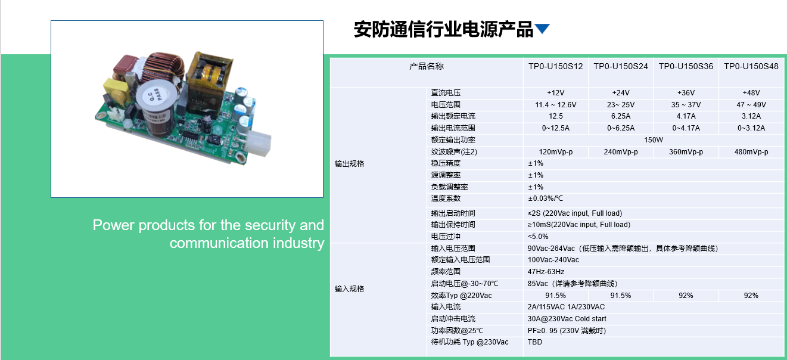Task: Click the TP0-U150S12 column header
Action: pyautogui.click(x=555, y=66)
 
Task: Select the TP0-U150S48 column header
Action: pyautogui.click(x=751, y=66)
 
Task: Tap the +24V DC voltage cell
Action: pyautogui.click(x=621, y=93)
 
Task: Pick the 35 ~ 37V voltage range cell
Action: pyautogui.click(x=686, y=105)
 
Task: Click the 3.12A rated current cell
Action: pyautogui.click(x=751, y=116)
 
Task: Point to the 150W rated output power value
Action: pyautogui.click(x=654, y=140)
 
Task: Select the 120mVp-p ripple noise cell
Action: pyautogui.click(x=555, y=152)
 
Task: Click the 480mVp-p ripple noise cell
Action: pyautogui.click(x=751, y=152)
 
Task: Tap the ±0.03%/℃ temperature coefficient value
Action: pyautogui.click(x=545, y=198)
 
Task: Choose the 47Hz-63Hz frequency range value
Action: pyautogui.click(x=546, y=271)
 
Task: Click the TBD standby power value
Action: pyautogui.click(x=535, y=342)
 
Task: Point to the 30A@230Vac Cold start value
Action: pyautogui.click(x=567, y=318)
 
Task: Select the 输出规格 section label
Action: pyautogui.click(x=349, y=164)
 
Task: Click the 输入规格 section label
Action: pyautogui.click(x=349, y=289)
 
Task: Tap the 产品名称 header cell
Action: pyautogui.click(x=427, y=66)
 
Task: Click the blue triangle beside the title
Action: pyautogui.click(x=542, y=28)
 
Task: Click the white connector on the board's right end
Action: pyautogui.click(x=259, y=144)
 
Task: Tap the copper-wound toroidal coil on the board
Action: pyautogui.click(x=163, y=70)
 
